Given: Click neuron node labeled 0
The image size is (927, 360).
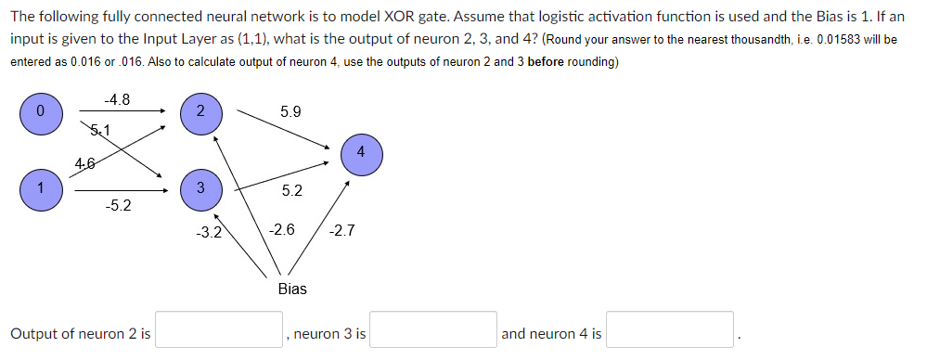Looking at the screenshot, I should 40,112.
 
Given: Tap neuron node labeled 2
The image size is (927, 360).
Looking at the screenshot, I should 200,112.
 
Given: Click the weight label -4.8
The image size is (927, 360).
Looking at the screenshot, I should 116,98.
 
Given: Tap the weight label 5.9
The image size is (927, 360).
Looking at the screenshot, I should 290,111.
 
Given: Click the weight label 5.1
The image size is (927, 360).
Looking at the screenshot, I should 98,130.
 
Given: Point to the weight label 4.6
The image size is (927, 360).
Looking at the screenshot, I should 85,164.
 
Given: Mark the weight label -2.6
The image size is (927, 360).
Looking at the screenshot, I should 282,228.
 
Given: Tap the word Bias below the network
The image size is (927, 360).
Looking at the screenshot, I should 292,289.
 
